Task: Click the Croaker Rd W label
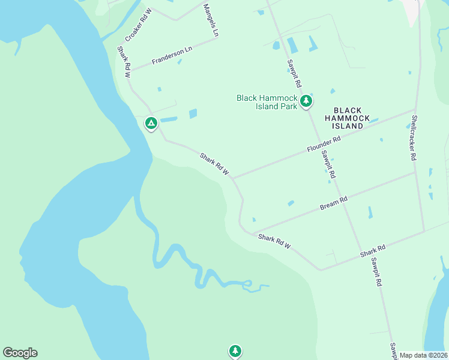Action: coord(138,25)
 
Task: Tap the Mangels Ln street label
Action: coord(211,20)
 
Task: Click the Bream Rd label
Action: coord(334,203)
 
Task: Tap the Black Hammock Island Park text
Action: coord(267,102)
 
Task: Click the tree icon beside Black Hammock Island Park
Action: coord(307,101)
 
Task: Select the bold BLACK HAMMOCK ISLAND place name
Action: coord(348,118)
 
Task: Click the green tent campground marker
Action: coord(151,124)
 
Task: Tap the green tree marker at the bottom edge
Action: coord(235,351)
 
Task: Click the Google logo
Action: coord(20,353)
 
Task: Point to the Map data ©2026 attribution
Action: coord(423,355)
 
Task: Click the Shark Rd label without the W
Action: coord(372,250)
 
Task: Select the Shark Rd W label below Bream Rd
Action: coord(274,242)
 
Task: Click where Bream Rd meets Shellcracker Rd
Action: coord(416,172)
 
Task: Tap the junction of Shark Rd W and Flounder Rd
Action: coord(233,178)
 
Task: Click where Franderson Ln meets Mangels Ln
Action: coord(216,39)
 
